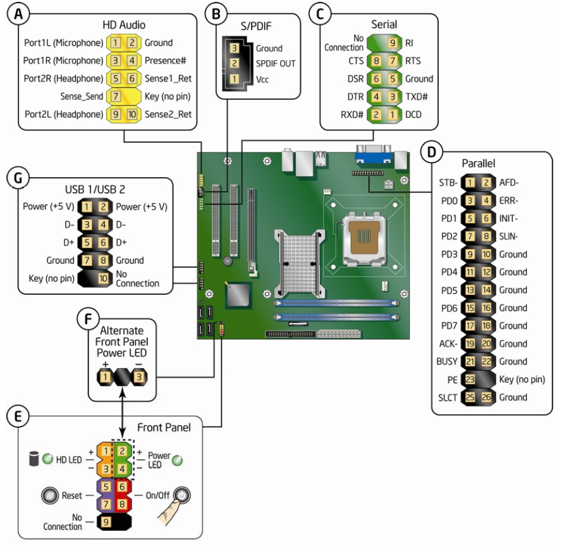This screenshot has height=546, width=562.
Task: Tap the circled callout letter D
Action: [431, 152]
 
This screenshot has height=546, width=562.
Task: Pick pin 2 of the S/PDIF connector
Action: [234, 63]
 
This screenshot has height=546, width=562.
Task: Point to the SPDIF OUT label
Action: [276, 63]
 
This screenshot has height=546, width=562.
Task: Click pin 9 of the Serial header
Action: [392, 43]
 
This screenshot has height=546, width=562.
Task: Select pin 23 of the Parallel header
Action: [471, 380]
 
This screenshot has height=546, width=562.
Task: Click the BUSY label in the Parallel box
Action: [447, 362]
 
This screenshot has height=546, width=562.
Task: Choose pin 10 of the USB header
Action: [102, 278]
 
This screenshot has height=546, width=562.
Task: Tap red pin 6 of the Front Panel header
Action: [123, 488]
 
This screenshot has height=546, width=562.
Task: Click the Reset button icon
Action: [48, 496]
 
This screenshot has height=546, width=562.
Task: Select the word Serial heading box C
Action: [384, 25]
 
